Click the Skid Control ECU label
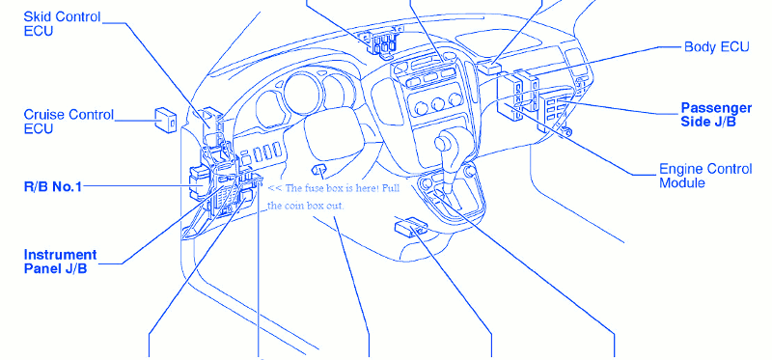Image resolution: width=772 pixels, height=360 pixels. pos(62,23)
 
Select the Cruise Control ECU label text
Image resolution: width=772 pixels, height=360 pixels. pos(69,122)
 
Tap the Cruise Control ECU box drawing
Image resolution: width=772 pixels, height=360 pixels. pos(166,120)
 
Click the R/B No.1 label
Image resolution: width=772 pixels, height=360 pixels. pos(53,186)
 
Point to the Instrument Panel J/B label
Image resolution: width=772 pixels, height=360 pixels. pos(60,262)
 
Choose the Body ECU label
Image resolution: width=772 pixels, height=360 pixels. pos(716,46)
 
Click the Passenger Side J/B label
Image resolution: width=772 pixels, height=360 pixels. pos(716,115)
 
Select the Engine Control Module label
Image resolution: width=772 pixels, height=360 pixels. pos(705,176)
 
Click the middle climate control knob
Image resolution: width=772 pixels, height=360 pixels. pos(438,104)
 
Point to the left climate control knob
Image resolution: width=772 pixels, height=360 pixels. pos(421,108)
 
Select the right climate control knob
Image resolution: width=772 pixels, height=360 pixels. pos(455,100)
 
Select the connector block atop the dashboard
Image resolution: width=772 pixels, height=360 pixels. pos(379,42)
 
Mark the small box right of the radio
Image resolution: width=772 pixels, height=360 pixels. pos(489,68)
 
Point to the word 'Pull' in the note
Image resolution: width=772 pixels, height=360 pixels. pos(392,189)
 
